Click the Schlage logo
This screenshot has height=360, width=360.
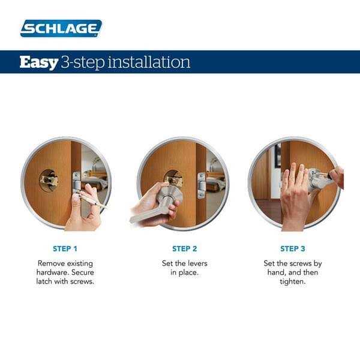click(x=61, y=28)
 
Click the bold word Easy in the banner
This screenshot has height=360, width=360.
click(x=38, y=62)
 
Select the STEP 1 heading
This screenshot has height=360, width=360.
click(x=65, y=248)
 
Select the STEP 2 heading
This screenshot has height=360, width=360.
click(x=184, y=248)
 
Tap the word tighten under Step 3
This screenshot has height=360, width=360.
click(x=293, y=282)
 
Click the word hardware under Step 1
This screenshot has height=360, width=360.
click(x=55, y=272)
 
